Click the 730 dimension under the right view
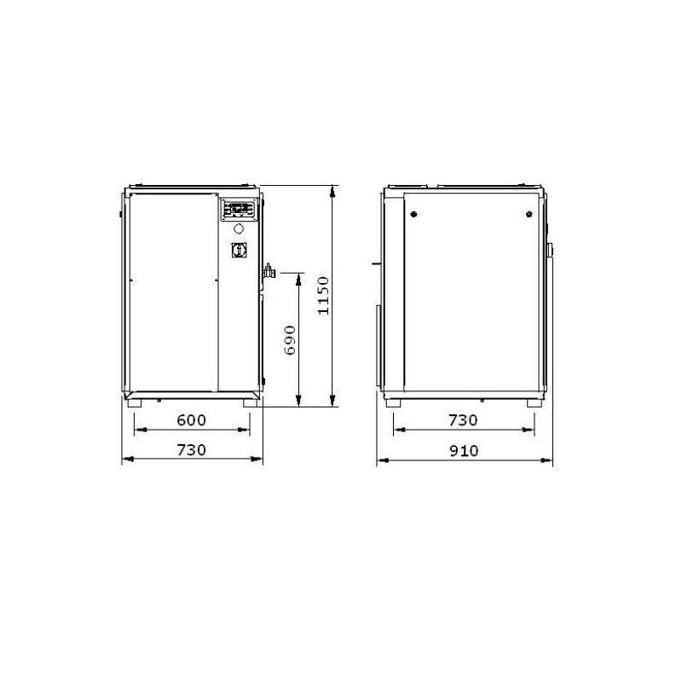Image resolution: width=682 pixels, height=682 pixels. point(463,420)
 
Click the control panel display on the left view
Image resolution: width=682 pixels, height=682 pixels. point(240,209)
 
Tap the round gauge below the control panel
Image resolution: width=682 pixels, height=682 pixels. point(240,228)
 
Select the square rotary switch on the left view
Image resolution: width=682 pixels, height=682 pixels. point(237,251)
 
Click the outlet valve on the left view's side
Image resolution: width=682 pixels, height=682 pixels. point(269,271)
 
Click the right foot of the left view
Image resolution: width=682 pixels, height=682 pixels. point(249,402)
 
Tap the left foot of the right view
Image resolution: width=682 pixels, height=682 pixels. point(393,402)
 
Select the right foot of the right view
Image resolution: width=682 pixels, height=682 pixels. point(535,402)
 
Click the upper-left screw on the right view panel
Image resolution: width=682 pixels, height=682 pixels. point(413,213)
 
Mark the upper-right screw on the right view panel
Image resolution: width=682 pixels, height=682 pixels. point(527,213)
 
